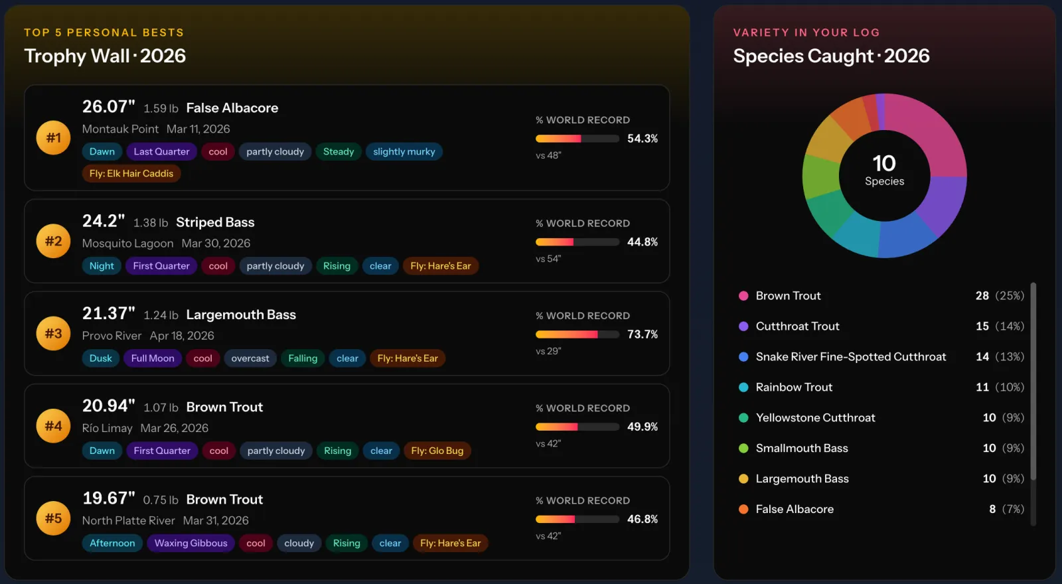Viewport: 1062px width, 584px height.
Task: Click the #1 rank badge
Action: (x=53, y=137)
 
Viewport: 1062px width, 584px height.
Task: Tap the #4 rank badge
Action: (x=53, y=425)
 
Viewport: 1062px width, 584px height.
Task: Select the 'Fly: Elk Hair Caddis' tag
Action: (x=131, y=173)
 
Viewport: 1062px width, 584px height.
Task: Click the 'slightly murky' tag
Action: (x=404, y=152)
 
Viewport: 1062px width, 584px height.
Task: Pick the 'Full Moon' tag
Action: (x=153, y=358)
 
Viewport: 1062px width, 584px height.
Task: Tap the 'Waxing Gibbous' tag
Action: (x=190, y=544)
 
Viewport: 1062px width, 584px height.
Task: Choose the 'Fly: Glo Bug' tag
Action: (x=437, y=451)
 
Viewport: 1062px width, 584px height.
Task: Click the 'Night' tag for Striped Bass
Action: (x=102, y=266)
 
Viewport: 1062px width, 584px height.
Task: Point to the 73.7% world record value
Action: (x=643, y=334)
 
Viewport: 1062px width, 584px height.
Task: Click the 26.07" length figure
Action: (x=109, y=107)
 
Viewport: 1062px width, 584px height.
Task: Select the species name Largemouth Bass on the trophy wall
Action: (x=241, y=315)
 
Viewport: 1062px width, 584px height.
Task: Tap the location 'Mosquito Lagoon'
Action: (x=127, y=243)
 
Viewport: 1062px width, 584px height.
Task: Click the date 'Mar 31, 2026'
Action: (x=216, y=520)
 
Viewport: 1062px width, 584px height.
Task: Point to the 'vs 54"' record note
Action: (x=548, y=259)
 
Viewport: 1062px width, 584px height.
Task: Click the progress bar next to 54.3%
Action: (x=577, y=139)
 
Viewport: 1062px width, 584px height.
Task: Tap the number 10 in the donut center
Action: (x=884, y=163)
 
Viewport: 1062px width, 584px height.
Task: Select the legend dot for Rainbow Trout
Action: (x=743, y=388)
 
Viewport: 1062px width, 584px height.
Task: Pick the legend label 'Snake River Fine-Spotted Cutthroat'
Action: (x=850, y=357)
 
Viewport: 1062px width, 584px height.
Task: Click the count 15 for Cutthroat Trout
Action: (x=982, y=326)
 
